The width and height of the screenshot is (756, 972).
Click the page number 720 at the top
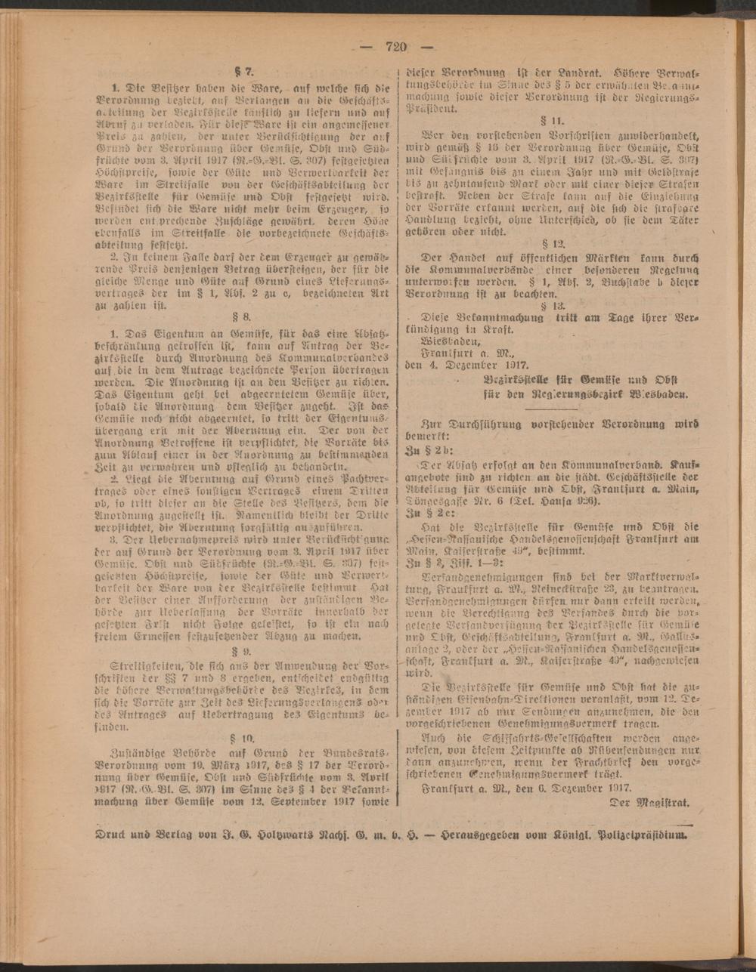click(396, 46)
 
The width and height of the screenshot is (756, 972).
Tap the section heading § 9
click(243, 649)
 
